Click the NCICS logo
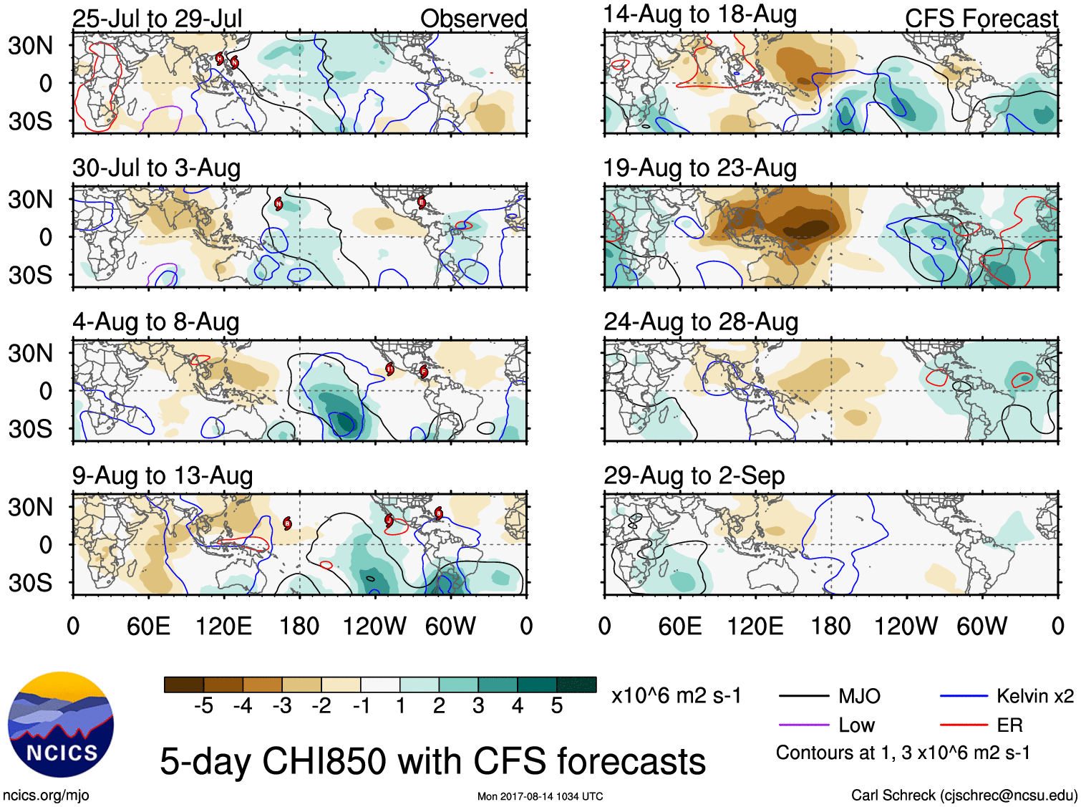point(60,724)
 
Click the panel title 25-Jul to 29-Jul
point(157,19)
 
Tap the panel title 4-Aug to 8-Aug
point(155,322)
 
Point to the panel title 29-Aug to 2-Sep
point(694,476)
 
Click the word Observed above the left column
point(473,19)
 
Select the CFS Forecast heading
point(981,19)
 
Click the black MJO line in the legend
point(803,696)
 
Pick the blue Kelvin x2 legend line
point(963,696)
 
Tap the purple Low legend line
point(803,725)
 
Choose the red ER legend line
point(963,725)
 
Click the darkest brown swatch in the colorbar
point(184,685)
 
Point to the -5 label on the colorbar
point(203,706)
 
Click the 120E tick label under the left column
point(223,627)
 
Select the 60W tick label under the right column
point(981,627)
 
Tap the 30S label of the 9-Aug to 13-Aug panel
point(30,583)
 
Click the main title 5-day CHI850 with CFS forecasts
point(432,761)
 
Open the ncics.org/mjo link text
point(46,795)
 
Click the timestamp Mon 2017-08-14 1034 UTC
point(540,796)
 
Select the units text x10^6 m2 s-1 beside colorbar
point(676,696)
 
